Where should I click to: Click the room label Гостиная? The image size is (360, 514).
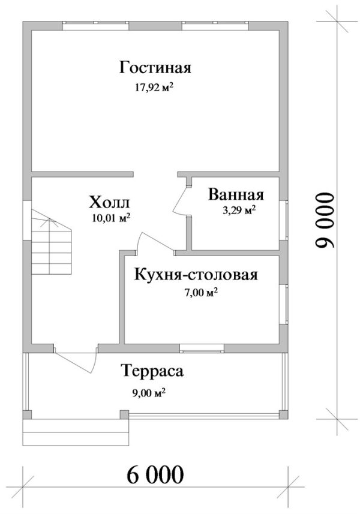point(155,68)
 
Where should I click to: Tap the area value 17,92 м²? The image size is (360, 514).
point(154,87)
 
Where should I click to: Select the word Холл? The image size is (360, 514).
point(110,202)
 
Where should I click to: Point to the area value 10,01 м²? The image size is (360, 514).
point(112,218)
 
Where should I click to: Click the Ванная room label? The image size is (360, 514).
point(236,194)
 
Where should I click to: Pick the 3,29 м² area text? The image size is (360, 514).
point(239,210)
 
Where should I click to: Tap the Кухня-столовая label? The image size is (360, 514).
point(196,274)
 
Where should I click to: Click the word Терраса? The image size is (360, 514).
point(152,371)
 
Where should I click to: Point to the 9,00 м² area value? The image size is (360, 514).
point(148,392)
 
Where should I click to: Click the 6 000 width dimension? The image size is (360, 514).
point(155,474)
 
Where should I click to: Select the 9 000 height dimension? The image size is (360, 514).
point(325,220)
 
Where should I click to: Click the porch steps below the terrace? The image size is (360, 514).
point(76,432)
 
